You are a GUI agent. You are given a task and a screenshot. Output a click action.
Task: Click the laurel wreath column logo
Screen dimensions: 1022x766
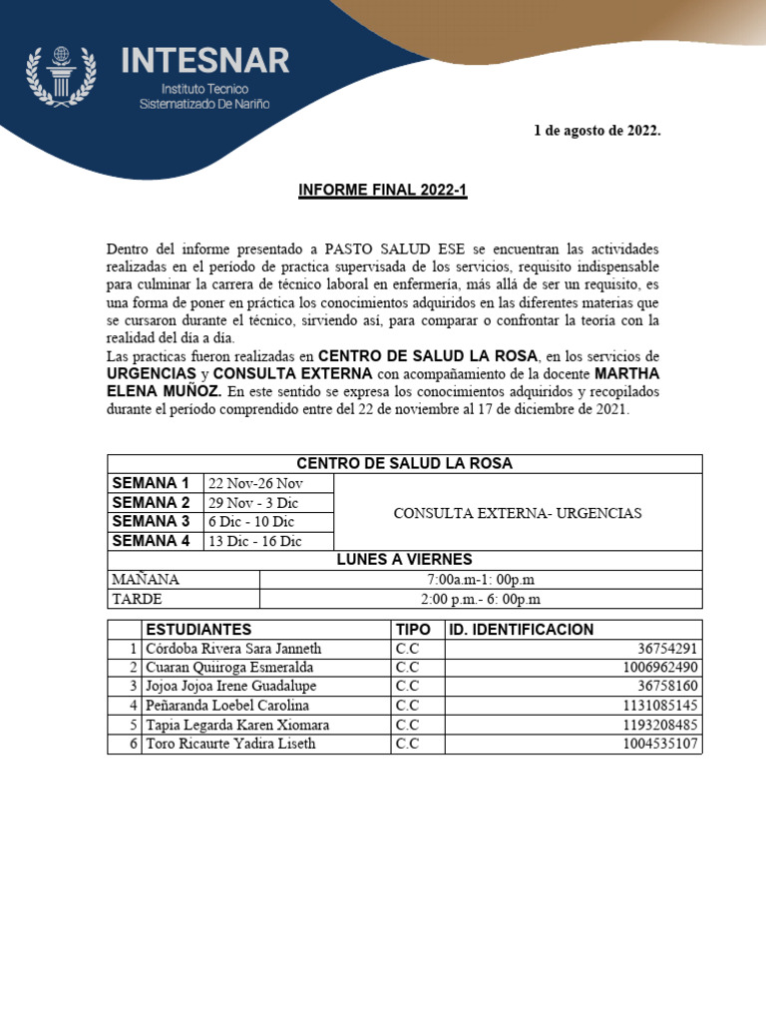(61, 76)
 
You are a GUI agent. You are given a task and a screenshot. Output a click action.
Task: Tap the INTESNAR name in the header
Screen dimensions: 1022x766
(205, 61)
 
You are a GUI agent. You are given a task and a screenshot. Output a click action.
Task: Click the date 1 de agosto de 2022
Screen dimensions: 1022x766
(597, 131)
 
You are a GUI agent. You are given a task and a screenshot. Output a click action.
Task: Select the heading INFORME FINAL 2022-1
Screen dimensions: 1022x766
(383, 191)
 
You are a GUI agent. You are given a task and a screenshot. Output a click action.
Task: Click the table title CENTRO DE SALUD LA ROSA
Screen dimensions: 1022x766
(404, 463)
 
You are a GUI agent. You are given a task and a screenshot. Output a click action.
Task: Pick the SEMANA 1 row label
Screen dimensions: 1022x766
(151, 483)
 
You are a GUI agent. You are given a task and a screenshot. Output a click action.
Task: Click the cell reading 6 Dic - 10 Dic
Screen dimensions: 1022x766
(251, 522)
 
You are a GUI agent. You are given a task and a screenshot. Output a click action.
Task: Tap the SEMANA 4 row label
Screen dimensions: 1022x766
(151, 541)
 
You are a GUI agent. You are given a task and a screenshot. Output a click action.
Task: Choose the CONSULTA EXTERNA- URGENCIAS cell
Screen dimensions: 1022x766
(518, 513)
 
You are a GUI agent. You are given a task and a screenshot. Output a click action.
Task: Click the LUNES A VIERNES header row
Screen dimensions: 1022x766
(404, 560)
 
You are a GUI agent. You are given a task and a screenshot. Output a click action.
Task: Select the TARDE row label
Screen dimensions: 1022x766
(136, 599)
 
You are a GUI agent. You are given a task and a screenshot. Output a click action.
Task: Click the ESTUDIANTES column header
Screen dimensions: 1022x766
(198, 630)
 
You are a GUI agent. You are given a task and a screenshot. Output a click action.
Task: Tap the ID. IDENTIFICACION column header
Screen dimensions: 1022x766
(520, 630)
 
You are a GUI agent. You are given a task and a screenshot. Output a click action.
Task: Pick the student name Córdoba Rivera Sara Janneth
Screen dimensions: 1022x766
(233, 649)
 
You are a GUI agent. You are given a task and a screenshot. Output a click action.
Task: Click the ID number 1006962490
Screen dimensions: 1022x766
(661, 668)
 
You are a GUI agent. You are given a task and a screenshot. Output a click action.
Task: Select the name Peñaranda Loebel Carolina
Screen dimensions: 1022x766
(227, 706)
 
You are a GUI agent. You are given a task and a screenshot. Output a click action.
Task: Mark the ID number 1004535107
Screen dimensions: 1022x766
(661, 744)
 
